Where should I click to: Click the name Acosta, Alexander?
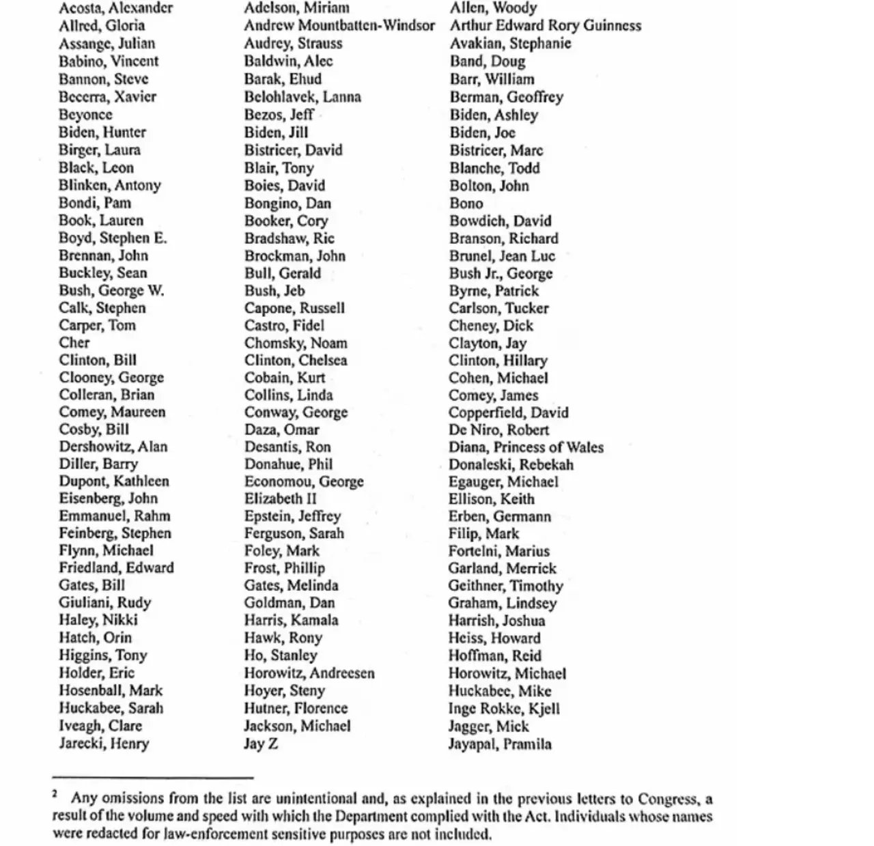click(115, 8)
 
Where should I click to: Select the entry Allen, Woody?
click(493, 8)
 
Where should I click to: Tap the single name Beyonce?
click(85, 115)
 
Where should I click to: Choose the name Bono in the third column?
click(466, 203)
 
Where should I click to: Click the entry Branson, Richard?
click(503, 239)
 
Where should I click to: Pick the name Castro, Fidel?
click(284, 326)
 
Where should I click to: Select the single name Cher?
click(74, 343)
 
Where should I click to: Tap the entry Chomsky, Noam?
click(296, 343)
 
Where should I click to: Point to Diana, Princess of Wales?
click(526, 447)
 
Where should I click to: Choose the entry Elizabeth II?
click(280, 498)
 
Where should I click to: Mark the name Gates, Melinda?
click(291, 585)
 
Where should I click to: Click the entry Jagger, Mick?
click(488, 727)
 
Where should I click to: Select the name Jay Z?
click(261, 744)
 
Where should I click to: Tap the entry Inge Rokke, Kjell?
click(503, 709)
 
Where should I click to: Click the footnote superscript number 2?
click(55, 793)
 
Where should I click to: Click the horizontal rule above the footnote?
click(152, 777)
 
